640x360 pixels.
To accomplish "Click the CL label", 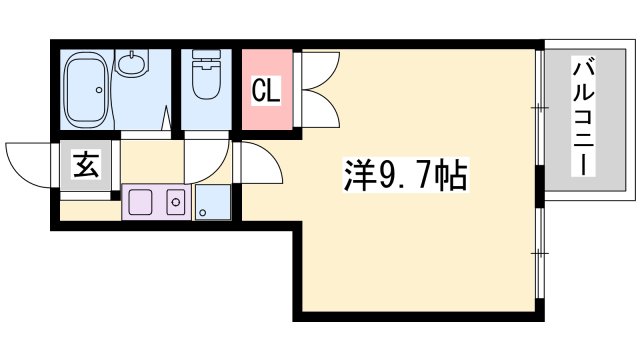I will tap(266, 92).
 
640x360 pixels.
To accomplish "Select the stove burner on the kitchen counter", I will tap(176, 203).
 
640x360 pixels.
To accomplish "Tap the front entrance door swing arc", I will tap(30, 160).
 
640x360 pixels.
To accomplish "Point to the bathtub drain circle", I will tap(99, 91).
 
